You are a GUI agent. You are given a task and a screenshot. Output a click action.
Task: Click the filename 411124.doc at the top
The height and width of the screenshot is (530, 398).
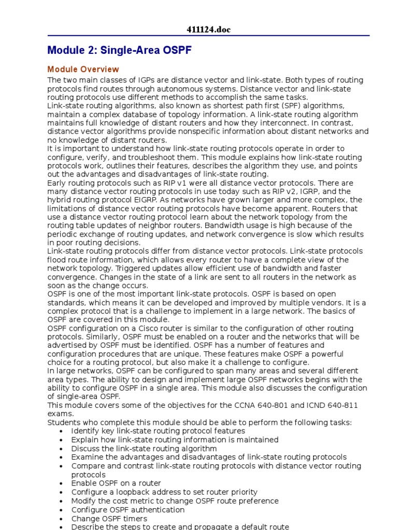click(x=208, y=30)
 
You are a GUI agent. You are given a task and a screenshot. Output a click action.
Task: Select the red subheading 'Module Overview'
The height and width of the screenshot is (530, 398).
click(x=83, y=69)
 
